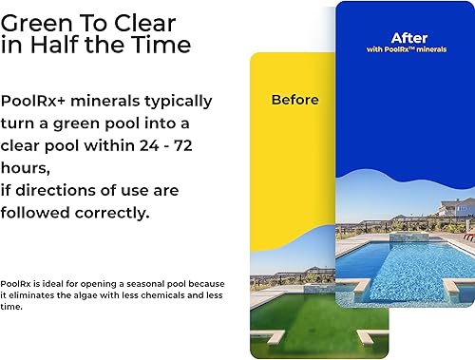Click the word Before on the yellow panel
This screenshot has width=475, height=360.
(x=294, y=99)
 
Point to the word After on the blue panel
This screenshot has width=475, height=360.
(x=408, y=38)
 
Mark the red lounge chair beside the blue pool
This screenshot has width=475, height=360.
(x=467, y=234)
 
